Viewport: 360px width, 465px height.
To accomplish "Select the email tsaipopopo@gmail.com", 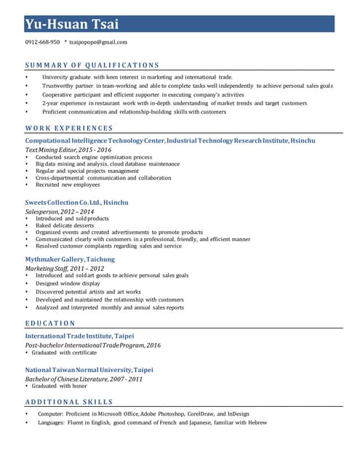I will [98, 42].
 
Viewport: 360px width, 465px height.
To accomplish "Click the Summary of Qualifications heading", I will [92, 65].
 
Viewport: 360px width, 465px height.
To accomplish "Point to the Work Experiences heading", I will [69, 129].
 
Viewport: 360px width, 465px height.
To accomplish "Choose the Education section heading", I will [50, 323].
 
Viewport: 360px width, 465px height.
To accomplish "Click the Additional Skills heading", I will [69, 401].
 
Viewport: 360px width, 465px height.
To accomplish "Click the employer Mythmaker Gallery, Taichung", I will [70, 259].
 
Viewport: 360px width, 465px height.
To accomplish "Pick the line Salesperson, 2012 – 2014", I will [60, 211].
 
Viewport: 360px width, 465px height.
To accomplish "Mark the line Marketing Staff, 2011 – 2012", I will [65, 268].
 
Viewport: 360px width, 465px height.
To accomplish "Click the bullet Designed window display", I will [68, 283].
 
